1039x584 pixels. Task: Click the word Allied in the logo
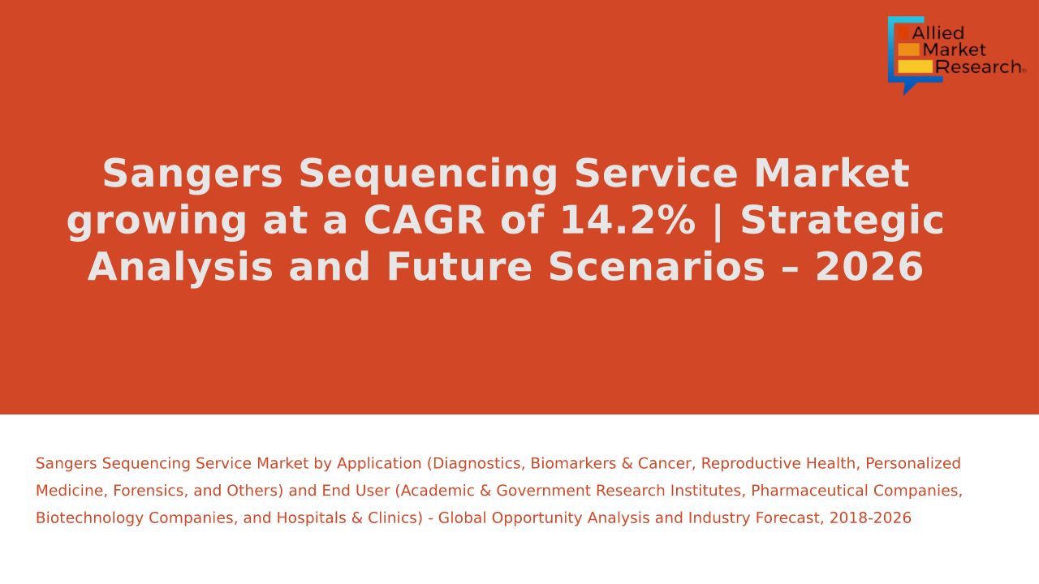[x=938, y=33]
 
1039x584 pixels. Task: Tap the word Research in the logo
[x=978, y=67]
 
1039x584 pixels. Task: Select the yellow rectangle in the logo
[x=915, y=67]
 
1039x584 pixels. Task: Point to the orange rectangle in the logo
[x=908, y=49]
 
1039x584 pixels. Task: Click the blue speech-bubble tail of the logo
[x=909, y=88]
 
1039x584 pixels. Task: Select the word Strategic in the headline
[x=842, y=222]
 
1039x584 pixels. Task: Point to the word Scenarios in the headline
[x=657, y=267]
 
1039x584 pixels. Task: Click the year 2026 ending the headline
[x=869, y=267]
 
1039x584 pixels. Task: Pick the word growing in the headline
[x=157, y=222]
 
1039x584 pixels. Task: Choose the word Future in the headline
[x=459, y=267]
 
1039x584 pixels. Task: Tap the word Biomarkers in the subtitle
[x=573, y=463]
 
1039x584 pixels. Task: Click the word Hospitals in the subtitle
[x=311, y=518]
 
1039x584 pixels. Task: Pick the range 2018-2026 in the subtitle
[x=870, y=517]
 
